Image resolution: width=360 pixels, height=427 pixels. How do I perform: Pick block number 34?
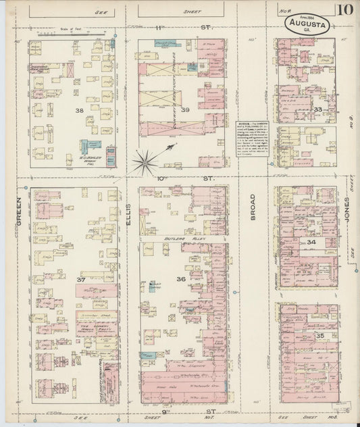311,241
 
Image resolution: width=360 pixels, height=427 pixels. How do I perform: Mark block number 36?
180,279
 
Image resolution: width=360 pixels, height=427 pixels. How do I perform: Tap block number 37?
80,280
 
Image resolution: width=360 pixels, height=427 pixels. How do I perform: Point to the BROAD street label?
253,209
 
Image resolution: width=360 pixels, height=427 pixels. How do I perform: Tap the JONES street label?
346,211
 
